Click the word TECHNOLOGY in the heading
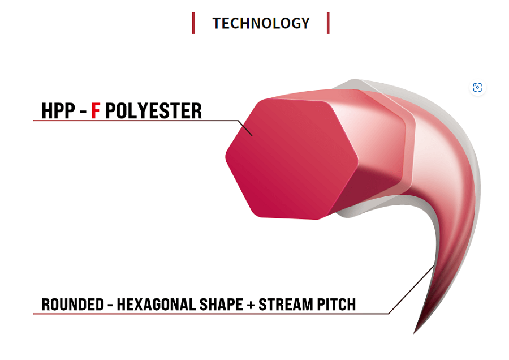[x=261, y=23]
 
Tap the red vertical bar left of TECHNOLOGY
[x=193, y=23]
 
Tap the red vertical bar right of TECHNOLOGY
[x=328, y=23]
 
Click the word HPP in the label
[x=58, y=111]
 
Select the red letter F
[x=96, y=111]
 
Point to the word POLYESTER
[x=153, y=111]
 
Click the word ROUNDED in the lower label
[x=73, y=305]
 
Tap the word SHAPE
[x=221, y=305]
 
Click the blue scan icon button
[x=477, y=87]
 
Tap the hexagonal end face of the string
[x=292, y=158]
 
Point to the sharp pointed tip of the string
[x=415, y=332]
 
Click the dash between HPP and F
[x=84, y=112]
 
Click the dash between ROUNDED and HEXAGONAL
[x=110, y=306]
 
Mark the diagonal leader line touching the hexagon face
[x=245, y=128]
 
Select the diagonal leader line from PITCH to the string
[x=411, y=289]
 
